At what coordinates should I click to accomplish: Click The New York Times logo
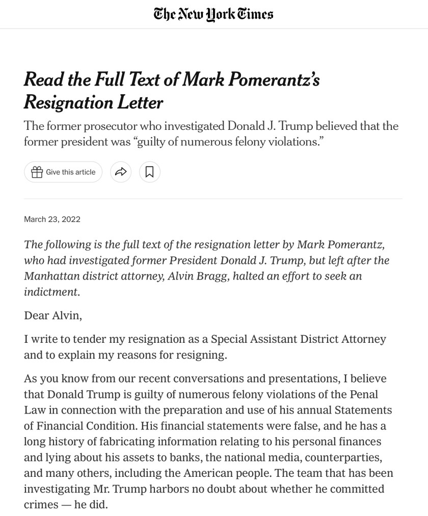coord(213,14)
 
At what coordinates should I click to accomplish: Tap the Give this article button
coord(63,172)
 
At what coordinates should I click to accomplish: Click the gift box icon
coord(37,172)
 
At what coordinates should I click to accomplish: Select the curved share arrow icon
coord(121,172)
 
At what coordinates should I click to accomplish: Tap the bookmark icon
coord(149,172)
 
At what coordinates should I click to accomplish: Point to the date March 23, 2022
coord(52,219)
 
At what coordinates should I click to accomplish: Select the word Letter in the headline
coord(140,102)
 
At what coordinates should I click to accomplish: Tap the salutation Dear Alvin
coord(53,315)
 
